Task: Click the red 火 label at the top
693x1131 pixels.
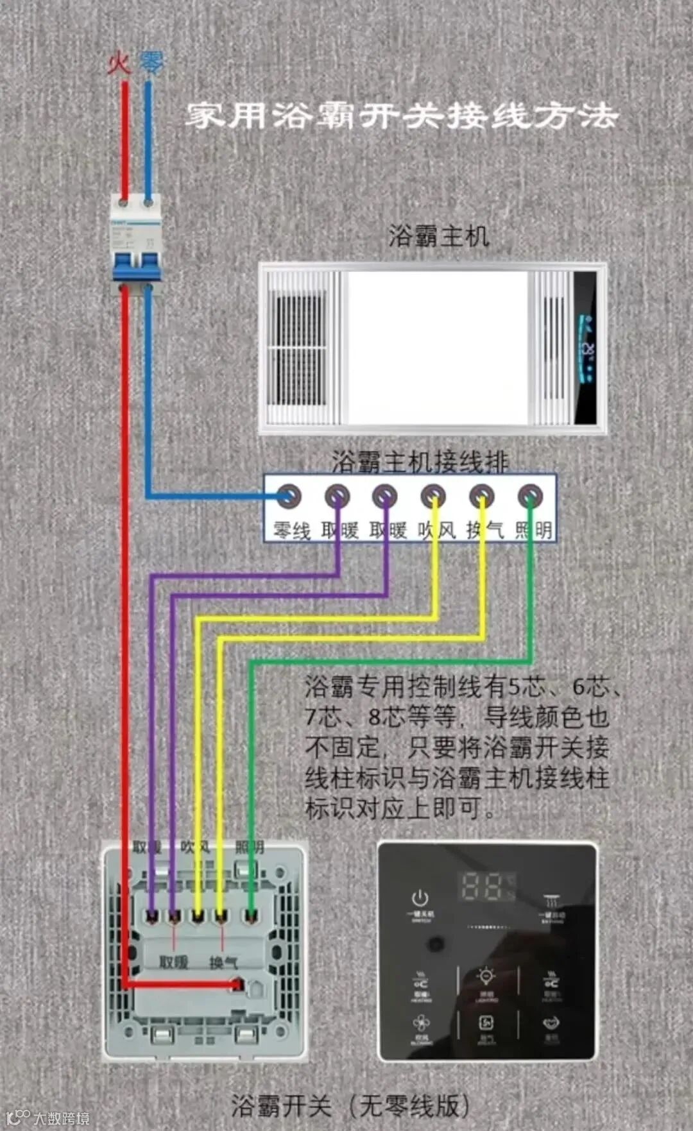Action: point(119,64)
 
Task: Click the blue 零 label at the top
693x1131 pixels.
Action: point(151,63)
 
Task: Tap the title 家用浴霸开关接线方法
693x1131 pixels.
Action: point(402,116)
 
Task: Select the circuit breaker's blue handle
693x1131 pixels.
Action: point(136,266)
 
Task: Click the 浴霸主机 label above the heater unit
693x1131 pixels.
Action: point(439,236)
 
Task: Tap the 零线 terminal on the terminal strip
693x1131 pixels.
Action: point(288,496)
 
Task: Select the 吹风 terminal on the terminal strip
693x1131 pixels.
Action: point(433,496)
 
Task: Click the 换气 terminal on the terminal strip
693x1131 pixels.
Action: point(481,496)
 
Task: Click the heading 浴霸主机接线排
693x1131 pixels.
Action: point(420,461)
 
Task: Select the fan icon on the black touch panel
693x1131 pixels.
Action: point(421,1022)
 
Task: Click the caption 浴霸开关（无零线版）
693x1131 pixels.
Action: point(350,1105)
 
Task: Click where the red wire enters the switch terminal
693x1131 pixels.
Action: point(238,983)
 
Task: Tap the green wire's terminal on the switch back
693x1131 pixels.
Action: point(251,916)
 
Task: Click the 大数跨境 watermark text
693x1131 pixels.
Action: point(61,1118)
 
